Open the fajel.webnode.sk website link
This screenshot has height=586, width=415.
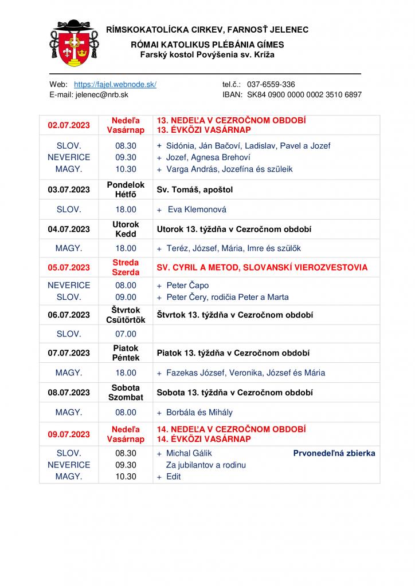coord(115,84)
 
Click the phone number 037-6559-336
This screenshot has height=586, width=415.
coord(271,84)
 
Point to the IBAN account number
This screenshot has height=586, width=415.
coord(304,95)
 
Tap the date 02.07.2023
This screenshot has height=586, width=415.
coord(69,125)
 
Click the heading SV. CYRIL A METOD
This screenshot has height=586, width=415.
coord(262,267)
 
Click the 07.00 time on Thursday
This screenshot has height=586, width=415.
coord(126,334)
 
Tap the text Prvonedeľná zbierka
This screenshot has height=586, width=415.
coord(334,453)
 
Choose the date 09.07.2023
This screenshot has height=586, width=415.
coord(69,434)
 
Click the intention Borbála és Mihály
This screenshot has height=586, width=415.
coord(199,412)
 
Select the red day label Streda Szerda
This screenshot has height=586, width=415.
coord(126,267)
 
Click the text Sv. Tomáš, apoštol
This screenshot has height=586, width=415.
coord(195,189)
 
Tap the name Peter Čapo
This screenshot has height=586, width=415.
coord(187,285)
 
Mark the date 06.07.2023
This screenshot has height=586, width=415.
coord(69,315)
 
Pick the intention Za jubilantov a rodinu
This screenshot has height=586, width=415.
coord(206,465)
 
